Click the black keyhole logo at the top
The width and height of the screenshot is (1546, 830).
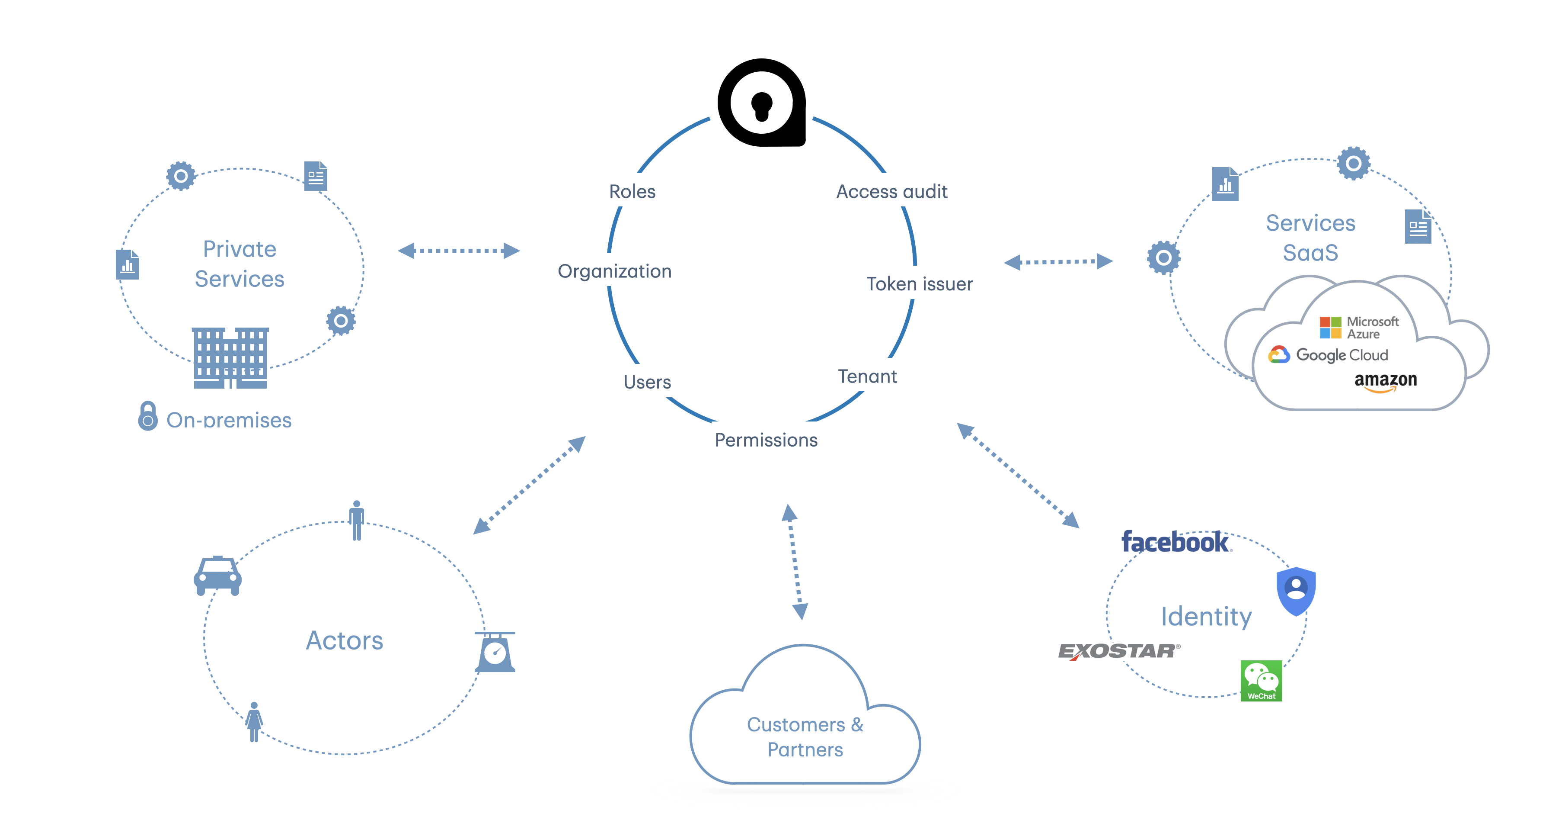(762, 103)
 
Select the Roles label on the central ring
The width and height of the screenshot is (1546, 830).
(632, 192)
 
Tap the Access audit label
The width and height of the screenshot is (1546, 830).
(892, 192)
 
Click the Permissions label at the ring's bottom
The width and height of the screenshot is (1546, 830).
(766, 440)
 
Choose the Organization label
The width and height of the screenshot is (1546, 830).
(615, 271)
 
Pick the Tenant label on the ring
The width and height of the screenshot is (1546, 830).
(867, 376)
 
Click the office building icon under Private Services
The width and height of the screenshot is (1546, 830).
(230, 358)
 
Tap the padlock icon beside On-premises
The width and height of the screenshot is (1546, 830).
(147, 416)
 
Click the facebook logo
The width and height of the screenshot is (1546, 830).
(1175, 542)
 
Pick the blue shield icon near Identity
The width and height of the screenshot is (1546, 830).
(1296, 590)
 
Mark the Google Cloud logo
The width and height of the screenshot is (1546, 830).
(1328, 355)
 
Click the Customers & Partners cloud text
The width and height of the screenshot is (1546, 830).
(805, 737)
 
